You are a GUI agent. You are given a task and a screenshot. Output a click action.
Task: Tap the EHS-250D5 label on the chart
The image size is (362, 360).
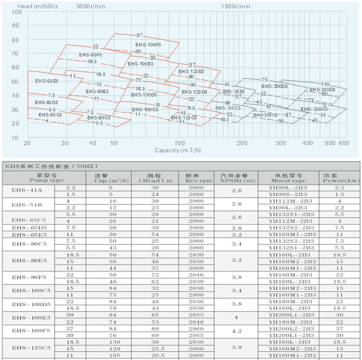[323, 89]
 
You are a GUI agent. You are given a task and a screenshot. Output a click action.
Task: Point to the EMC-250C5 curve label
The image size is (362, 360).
[312, 109]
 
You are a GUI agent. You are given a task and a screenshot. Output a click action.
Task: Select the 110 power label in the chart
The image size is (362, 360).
[325, 84]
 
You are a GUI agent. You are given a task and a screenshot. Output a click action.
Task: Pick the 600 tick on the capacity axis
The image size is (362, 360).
[344, 143]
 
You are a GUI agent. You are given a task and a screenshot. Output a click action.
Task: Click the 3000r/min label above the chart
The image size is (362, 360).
[91, 6]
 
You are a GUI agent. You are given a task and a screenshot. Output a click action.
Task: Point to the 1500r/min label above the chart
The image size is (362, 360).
[236, 6]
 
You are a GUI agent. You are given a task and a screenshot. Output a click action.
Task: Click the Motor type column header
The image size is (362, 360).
[288, 178]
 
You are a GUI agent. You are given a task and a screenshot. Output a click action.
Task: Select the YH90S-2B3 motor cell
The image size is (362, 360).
[288, 194]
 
